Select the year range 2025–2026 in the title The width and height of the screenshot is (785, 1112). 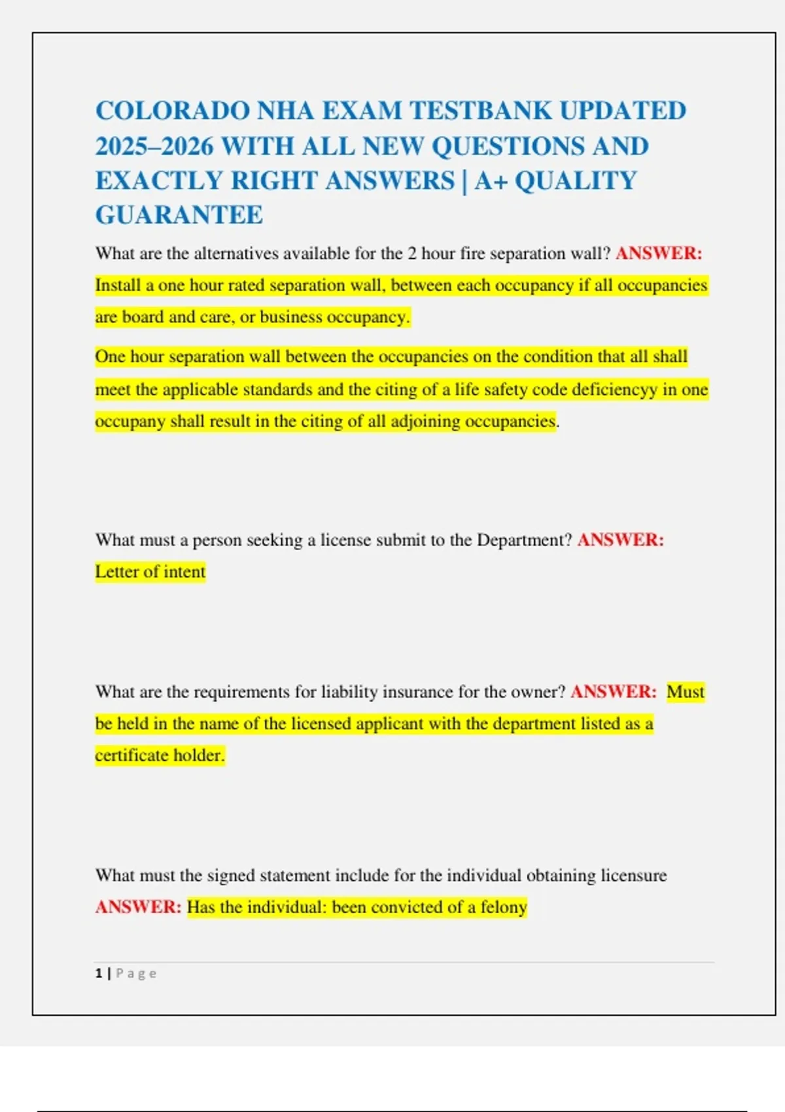[x=154, y=146]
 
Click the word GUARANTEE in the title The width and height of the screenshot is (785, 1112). [x=179, y=215]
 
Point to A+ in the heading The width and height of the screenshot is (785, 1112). [x=491, y=181]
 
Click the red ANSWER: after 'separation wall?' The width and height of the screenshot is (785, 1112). [x=659, y=253]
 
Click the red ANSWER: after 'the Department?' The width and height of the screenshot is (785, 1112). [x=621, y=540]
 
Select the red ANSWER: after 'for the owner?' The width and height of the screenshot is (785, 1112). [x=613, y=691]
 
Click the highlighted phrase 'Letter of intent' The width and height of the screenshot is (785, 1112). [x=150, y=572]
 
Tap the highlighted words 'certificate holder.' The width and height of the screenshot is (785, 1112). [x=160, y=756]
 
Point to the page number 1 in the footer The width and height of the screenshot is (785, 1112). [x=99, y=973]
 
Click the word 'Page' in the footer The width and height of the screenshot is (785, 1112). [x=136, y=973]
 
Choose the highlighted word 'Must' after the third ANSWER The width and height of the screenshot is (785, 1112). [x=685, y=691]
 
